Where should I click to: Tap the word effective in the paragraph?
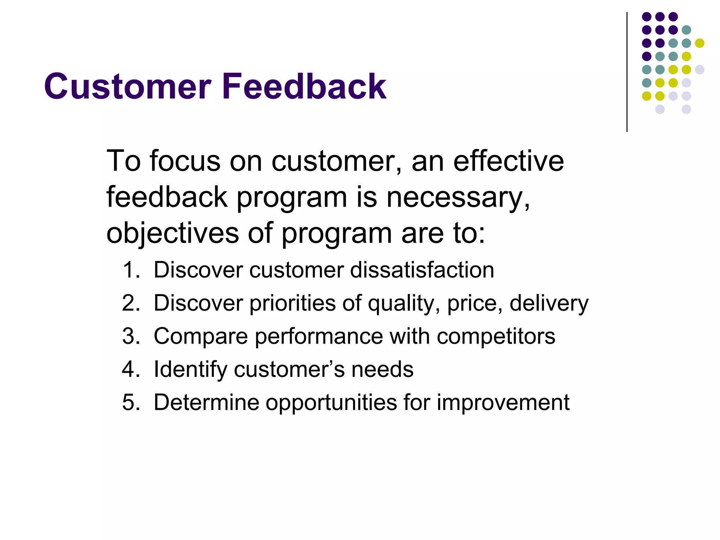[508, 161]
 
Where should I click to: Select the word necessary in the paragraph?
[458, 197]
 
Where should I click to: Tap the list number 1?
[130, 270]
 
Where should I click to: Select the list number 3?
[130, 336]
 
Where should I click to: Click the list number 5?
[130, 402]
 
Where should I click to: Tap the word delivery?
[549, 303]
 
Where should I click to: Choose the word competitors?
[496, 336]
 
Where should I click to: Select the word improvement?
[503, 402]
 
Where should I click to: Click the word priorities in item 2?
[292, 303]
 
